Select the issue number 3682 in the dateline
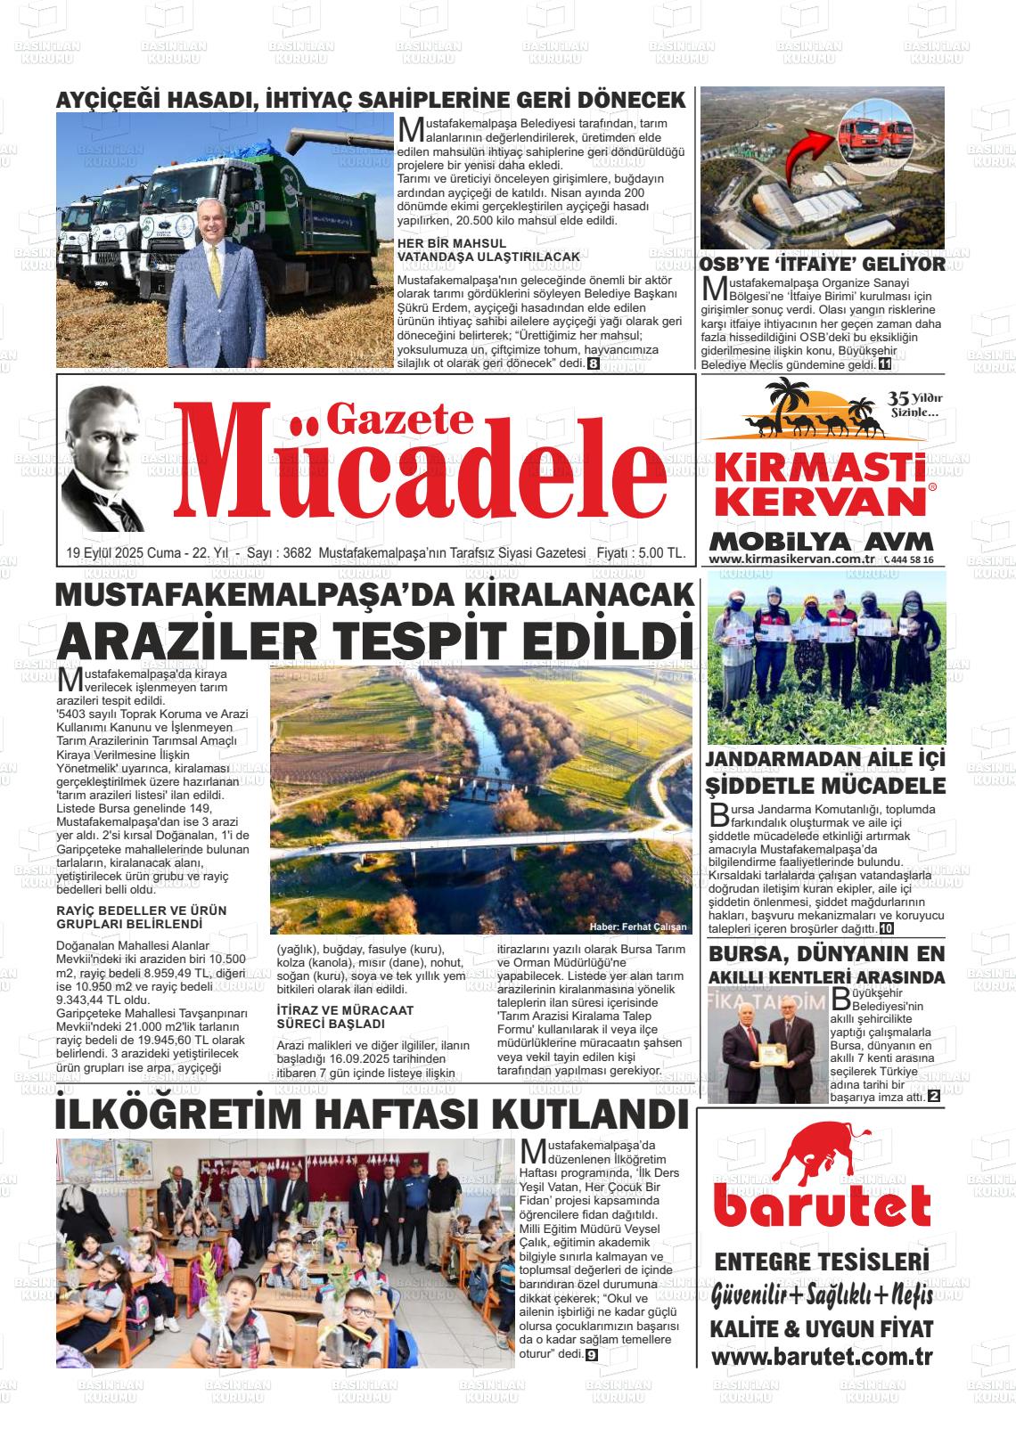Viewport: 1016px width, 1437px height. point(297,553)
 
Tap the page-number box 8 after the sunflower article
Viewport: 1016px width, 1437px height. point(593,363)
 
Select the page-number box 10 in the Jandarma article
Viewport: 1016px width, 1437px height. point(886,928)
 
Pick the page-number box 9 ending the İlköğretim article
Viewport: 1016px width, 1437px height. point(591,1355)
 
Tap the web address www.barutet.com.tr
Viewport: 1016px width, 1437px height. point(821,1357)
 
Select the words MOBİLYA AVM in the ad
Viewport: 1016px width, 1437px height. point(821,542)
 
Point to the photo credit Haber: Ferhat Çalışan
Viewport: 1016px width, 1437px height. point(638,927)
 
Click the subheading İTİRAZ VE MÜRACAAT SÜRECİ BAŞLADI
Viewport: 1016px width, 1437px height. point(332,1017)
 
